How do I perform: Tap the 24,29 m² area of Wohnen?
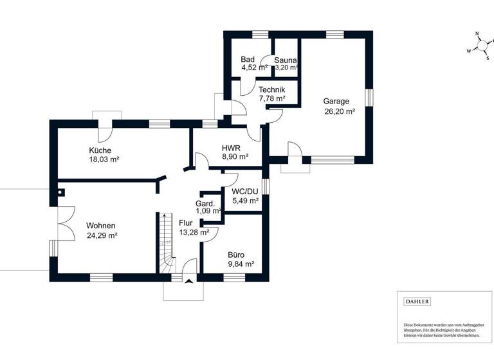point(102,235)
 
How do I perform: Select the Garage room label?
point(336,102)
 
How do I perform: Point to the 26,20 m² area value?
point(340,111)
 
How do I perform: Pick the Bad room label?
point(248,59)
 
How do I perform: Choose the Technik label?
point(272,90)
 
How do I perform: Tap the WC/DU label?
point(244,192)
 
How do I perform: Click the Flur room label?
point(186,224)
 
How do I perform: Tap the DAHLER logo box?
point(417,301)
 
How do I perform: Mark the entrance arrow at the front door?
point(187,280)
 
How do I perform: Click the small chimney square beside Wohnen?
point(61,191)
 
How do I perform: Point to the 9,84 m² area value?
point(241,264)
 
